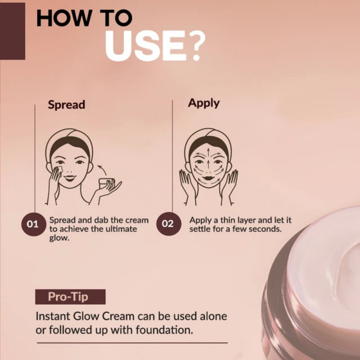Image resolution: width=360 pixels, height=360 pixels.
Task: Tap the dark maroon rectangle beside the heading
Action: [x=12, y=31]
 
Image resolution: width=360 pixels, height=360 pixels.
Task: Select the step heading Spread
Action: [x=66, y=105]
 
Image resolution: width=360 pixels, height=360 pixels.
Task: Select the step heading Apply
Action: [x=204, y=103]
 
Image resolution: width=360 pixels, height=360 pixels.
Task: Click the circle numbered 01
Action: [x=33, y=224]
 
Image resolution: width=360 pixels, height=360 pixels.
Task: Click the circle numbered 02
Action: [x=168, y=224]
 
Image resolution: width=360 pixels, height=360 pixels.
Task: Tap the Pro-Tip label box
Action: [x=70, y=297]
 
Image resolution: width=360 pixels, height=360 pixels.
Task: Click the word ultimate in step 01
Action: [x=120, y=229]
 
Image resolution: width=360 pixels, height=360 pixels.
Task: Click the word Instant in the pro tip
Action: [x=51, y=316]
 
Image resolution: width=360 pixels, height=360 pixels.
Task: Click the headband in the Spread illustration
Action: [x=69, y=134]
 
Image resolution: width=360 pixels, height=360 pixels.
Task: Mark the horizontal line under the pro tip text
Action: [x=132, y=343]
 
